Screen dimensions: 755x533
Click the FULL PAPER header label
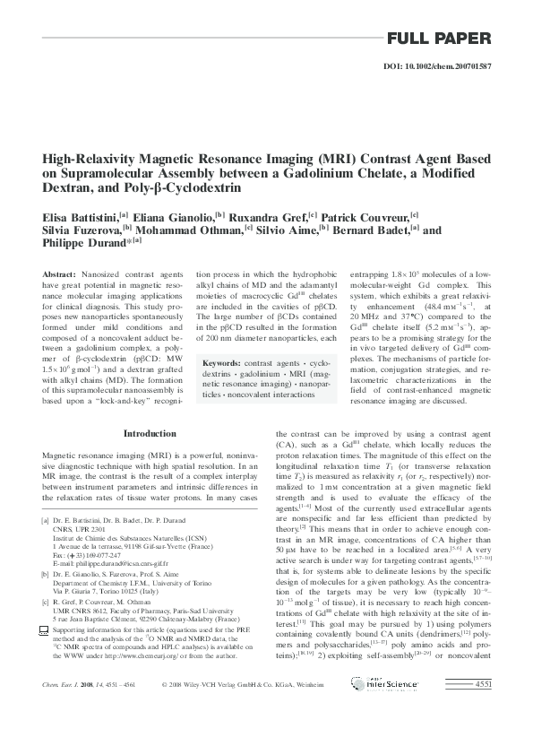(438, 39)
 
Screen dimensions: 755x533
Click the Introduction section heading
(149, 434)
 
